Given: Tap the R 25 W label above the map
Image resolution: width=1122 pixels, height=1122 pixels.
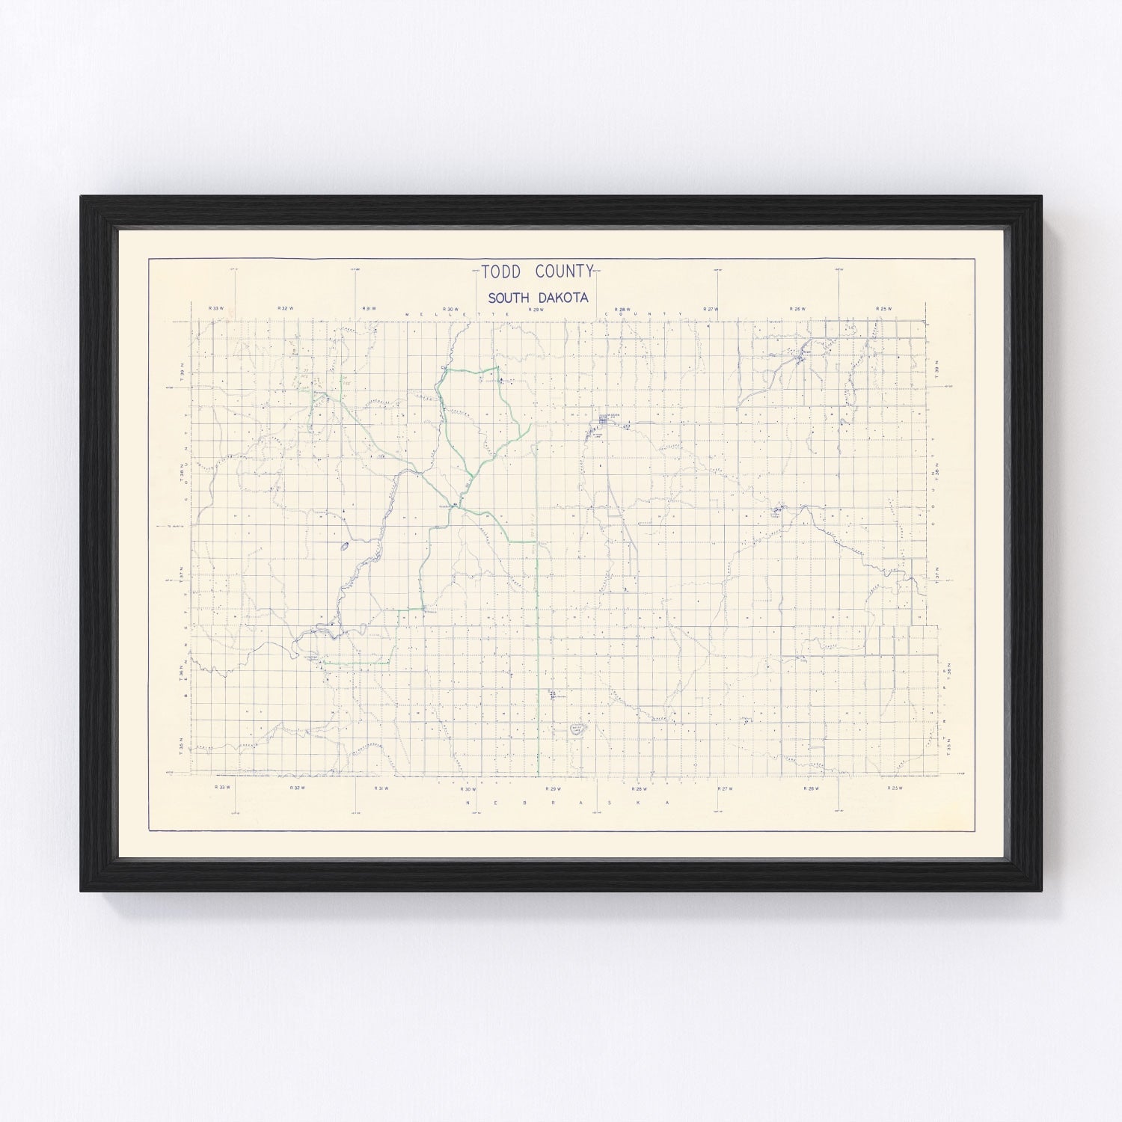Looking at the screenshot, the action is click(x=885, y=308).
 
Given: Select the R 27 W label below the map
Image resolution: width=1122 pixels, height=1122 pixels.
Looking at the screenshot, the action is click(x=724, y=788).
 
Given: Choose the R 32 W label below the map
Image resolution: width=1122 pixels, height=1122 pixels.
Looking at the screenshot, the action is click(x=295, y=788).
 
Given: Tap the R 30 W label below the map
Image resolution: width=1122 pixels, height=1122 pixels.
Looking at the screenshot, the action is click(x=467, y=788).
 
